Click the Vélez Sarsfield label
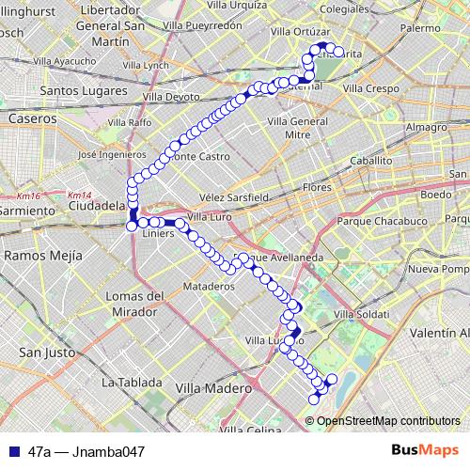click(x=235, y=197)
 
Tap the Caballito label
click(x=370, y=161)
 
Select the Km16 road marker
click(x=28, y=196)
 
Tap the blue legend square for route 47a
click(x=14, y=452)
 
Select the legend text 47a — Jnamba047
click(x=86, y=452)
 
